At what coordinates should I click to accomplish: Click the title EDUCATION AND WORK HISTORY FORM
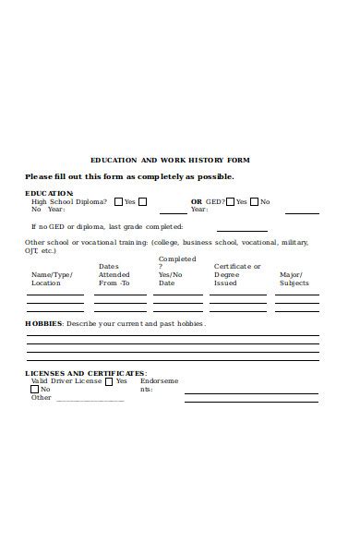[170, 160]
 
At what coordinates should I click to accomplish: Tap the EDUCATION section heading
[49, 193]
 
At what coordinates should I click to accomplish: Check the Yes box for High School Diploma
[118, 201]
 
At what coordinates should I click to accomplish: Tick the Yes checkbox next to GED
[230, 201]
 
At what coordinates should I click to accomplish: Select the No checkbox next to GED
[254, 201]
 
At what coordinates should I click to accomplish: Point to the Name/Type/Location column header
[52, 279]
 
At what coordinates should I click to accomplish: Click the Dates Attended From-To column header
[114, 274]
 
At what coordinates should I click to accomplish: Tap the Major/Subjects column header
[294, 279]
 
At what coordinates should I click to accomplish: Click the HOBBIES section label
[43, 324]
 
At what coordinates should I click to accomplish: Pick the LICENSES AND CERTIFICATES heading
[85, 373]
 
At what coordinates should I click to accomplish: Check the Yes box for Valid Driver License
[109, 381]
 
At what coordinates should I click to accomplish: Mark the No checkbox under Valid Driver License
[34, 390]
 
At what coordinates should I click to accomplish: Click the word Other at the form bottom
[42, 398]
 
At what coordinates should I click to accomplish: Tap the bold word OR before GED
[196, 201]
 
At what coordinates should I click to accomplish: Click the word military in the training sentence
[294, 242]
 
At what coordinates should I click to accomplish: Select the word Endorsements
[159, 385]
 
